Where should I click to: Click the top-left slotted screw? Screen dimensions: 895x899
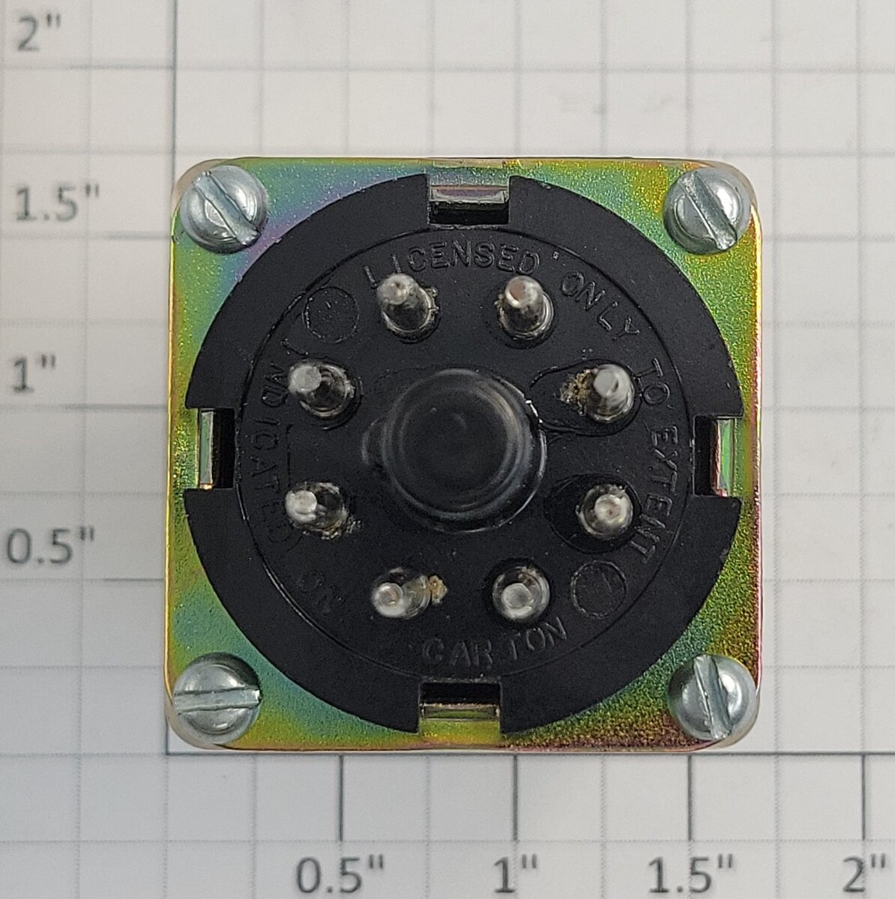point(222,208)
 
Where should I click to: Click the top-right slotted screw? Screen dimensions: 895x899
point(706,211)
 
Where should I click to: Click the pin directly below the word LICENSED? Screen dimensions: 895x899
point(407,304)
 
